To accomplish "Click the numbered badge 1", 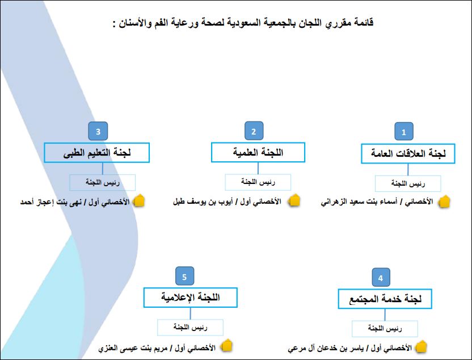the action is point(404,132).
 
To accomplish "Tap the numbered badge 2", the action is point(254,131).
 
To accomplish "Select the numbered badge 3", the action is point(98,131).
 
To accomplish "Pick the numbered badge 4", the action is point(381,278).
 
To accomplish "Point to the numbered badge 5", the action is point(184,276).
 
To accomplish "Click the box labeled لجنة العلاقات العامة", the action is point(408,154).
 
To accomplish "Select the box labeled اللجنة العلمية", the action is point(258,152).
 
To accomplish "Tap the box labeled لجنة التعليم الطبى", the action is point(96,153).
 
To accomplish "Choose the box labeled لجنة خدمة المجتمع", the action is point(385,299).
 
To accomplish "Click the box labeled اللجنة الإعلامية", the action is point(190,298).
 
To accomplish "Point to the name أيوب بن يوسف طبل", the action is point(203,201).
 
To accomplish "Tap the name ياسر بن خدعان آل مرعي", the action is point(326,348).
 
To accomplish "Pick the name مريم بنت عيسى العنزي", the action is point(133,348).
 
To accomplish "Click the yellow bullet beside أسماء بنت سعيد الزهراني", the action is point(444,202).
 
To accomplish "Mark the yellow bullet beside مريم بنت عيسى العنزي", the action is point(226,346).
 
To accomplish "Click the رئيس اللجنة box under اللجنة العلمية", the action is point(258,182).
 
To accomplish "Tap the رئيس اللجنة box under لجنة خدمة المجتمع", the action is point(385,329).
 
